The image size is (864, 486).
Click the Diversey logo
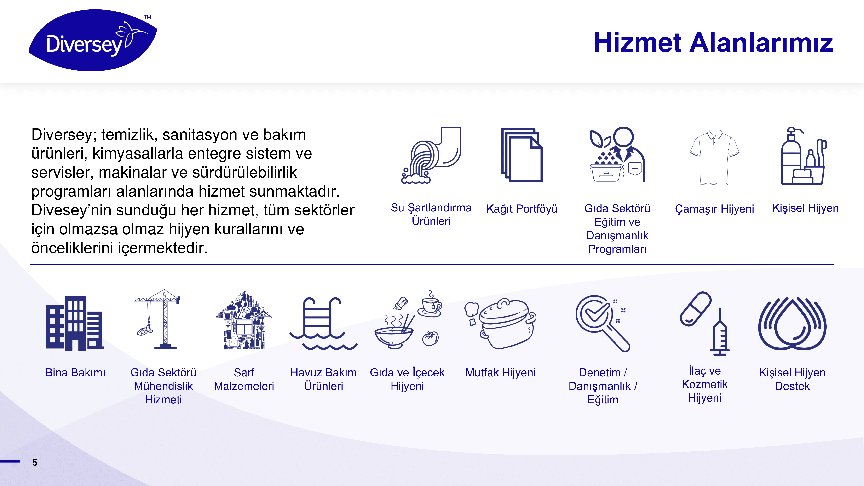coord(93,40)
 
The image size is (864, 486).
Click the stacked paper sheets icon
coord(522,155)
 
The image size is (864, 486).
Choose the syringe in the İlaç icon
coord(720,332)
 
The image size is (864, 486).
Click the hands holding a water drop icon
coord(792,323)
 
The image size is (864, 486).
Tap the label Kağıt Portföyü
coord(522,209)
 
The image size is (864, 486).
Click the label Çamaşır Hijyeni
coord(714,209)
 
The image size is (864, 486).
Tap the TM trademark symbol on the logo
coord(148,17)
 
